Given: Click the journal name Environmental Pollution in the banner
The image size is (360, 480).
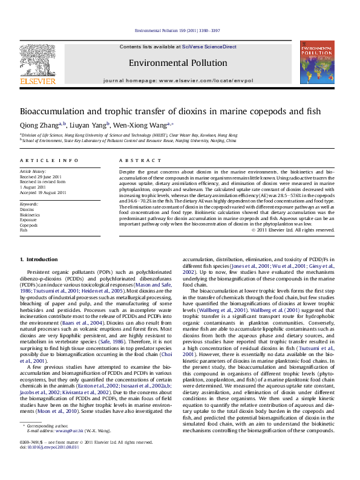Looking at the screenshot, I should tap(178, 63).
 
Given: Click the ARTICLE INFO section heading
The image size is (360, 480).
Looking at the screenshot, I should tap(49, 160).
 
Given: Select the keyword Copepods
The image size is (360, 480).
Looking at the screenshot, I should tap(30, 225).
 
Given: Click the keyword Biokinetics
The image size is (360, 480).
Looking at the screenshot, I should tap(30, 215).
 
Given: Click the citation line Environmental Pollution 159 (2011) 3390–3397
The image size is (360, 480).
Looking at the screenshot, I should tap(177, 30).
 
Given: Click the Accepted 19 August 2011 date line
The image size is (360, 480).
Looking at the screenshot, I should tap(43, 193).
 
